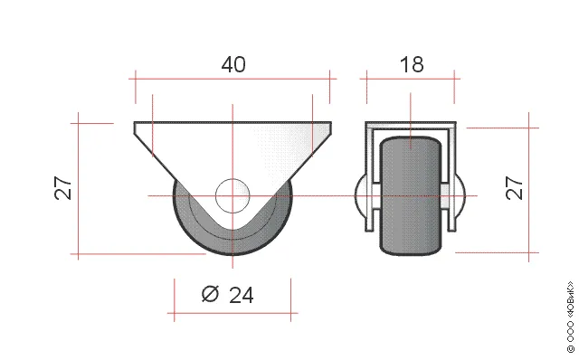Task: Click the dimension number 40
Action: [x=233, y=64]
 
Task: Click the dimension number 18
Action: [x=412, y=64]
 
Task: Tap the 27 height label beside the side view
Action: [x=62, y=188]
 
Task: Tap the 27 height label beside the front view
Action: [x=515, y=188]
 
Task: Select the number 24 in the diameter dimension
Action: [x=242, y=295]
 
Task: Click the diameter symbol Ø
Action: [x=210, y=294]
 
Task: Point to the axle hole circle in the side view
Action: [x=233, y=196]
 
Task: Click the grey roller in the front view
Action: [x=411, y=196]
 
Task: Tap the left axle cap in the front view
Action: [x=360, y=196]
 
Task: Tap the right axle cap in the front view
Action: [x=460, y=196]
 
